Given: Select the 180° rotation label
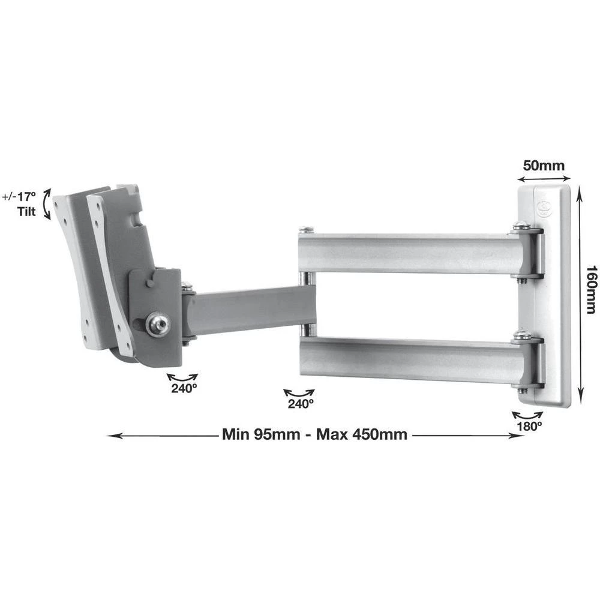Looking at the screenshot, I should point(530,427).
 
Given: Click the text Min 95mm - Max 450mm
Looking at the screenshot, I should point(314,434).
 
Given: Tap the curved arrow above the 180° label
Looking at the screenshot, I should point(527,415).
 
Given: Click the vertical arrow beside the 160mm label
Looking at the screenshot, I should point(579,294).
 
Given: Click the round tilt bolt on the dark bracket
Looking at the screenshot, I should point(158,325).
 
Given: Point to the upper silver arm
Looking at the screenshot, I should point(408,253).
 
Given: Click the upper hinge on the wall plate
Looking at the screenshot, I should point(527,251).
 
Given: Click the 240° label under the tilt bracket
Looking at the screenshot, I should point(182,388).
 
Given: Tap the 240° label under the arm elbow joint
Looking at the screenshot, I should point(300,404).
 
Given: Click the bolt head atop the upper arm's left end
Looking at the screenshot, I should point(307,229).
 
